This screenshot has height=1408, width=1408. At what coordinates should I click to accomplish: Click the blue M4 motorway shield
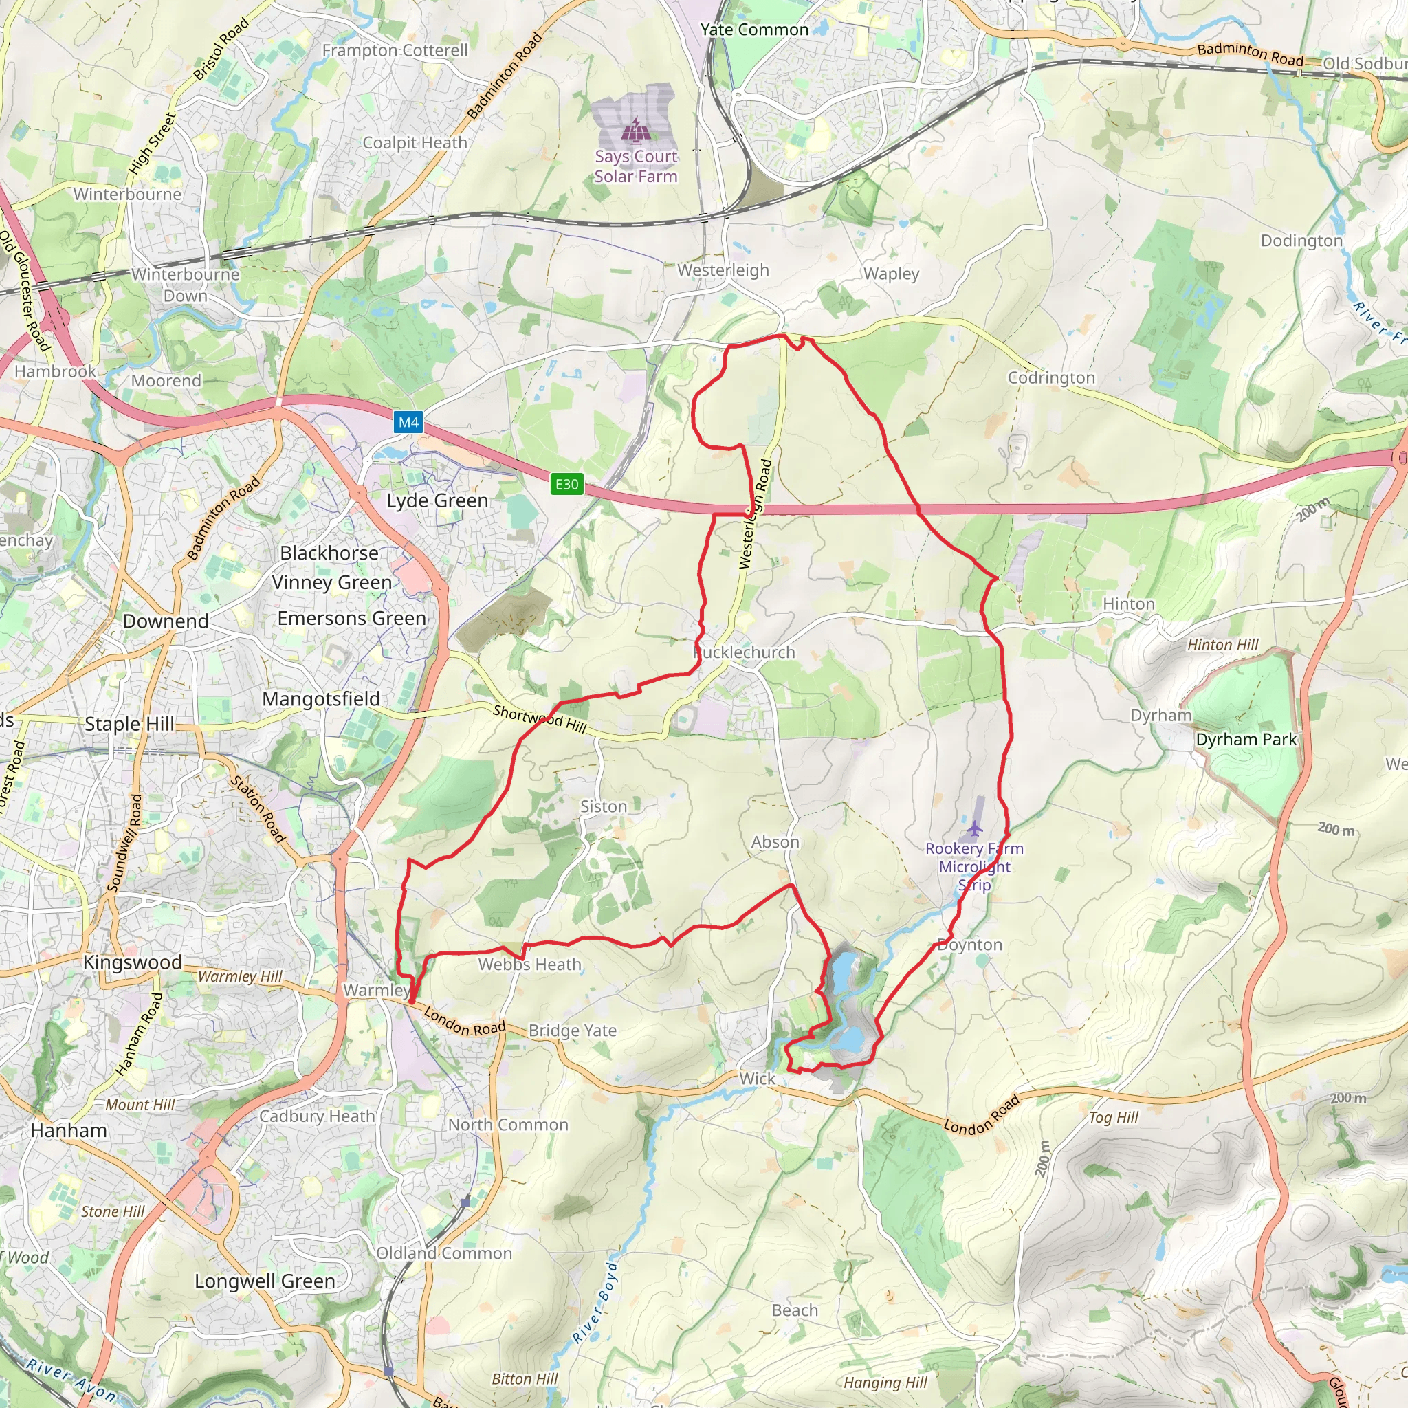point(408,423)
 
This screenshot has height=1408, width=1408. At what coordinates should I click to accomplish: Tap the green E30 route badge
point(567,484)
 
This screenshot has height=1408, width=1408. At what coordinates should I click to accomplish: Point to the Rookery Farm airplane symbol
point(974,828)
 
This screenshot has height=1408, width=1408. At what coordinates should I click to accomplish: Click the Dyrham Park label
point(1246,739)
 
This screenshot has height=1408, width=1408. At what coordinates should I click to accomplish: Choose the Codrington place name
point(1051,377)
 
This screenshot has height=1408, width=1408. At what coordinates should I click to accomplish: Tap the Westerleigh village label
point(723,270)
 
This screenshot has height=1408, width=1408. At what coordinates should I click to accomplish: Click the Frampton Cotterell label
point(395,50)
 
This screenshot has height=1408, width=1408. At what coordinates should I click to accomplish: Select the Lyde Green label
point(437,500)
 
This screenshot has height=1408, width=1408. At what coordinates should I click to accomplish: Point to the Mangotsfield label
point(320,699)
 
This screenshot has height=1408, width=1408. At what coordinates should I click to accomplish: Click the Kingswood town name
point(133,962)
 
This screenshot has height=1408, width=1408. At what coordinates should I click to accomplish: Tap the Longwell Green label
point(265,1281)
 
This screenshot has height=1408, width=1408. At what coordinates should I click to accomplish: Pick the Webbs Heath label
point(530,964)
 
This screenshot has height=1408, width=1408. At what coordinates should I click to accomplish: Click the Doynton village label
point(970,945)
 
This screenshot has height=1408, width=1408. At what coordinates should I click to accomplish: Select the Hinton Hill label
point(1223,645)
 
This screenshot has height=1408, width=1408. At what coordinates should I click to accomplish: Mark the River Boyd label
point(596,1302)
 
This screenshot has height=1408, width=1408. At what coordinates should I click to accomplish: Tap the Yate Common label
point(754,30)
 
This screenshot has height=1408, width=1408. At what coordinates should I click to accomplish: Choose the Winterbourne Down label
point(185,285)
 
